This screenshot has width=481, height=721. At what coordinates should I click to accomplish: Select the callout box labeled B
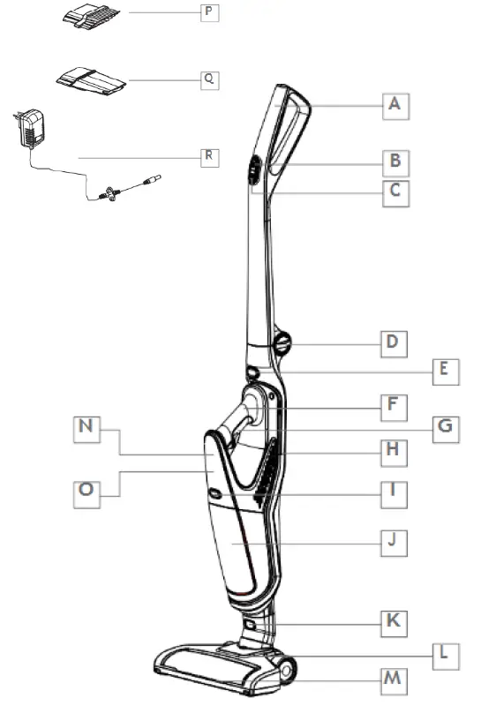click(x=396, y=161)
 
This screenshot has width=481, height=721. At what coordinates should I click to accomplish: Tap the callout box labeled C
click(x=396, y=192)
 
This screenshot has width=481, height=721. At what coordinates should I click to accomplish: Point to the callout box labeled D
click(x=395, y=342)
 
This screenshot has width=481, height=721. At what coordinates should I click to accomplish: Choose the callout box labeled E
click(x=447, y=372)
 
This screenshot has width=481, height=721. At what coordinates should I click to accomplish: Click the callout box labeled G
click(x=447, y=427)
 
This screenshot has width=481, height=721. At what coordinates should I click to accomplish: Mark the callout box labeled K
click(x=395, y=621)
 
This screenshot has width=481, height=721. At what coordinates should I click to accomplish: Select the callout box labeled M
click(x=395, y=681)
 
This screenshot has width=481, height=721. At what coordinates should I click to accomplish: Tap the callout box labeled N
click(x=86, y=428)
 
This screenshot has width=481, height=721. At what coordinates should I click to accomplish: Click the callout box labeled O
click(x=86, y=492)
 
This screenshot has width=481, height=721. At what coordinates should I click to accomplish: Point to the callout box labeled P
click(x=209, y=14)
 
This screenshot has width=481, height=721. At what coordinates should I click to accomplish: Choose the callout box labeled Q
click(x=209, y=79)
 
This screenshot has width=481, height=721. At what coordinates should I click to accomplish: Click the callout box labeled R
click(x=209, y=156)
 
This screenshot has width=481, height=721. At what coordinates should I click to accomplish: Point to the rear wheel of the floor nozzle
click(x=287, y=670)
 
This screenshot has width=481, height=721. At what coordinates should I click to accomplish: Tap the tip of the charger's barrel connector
click(x=160, y=179)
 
